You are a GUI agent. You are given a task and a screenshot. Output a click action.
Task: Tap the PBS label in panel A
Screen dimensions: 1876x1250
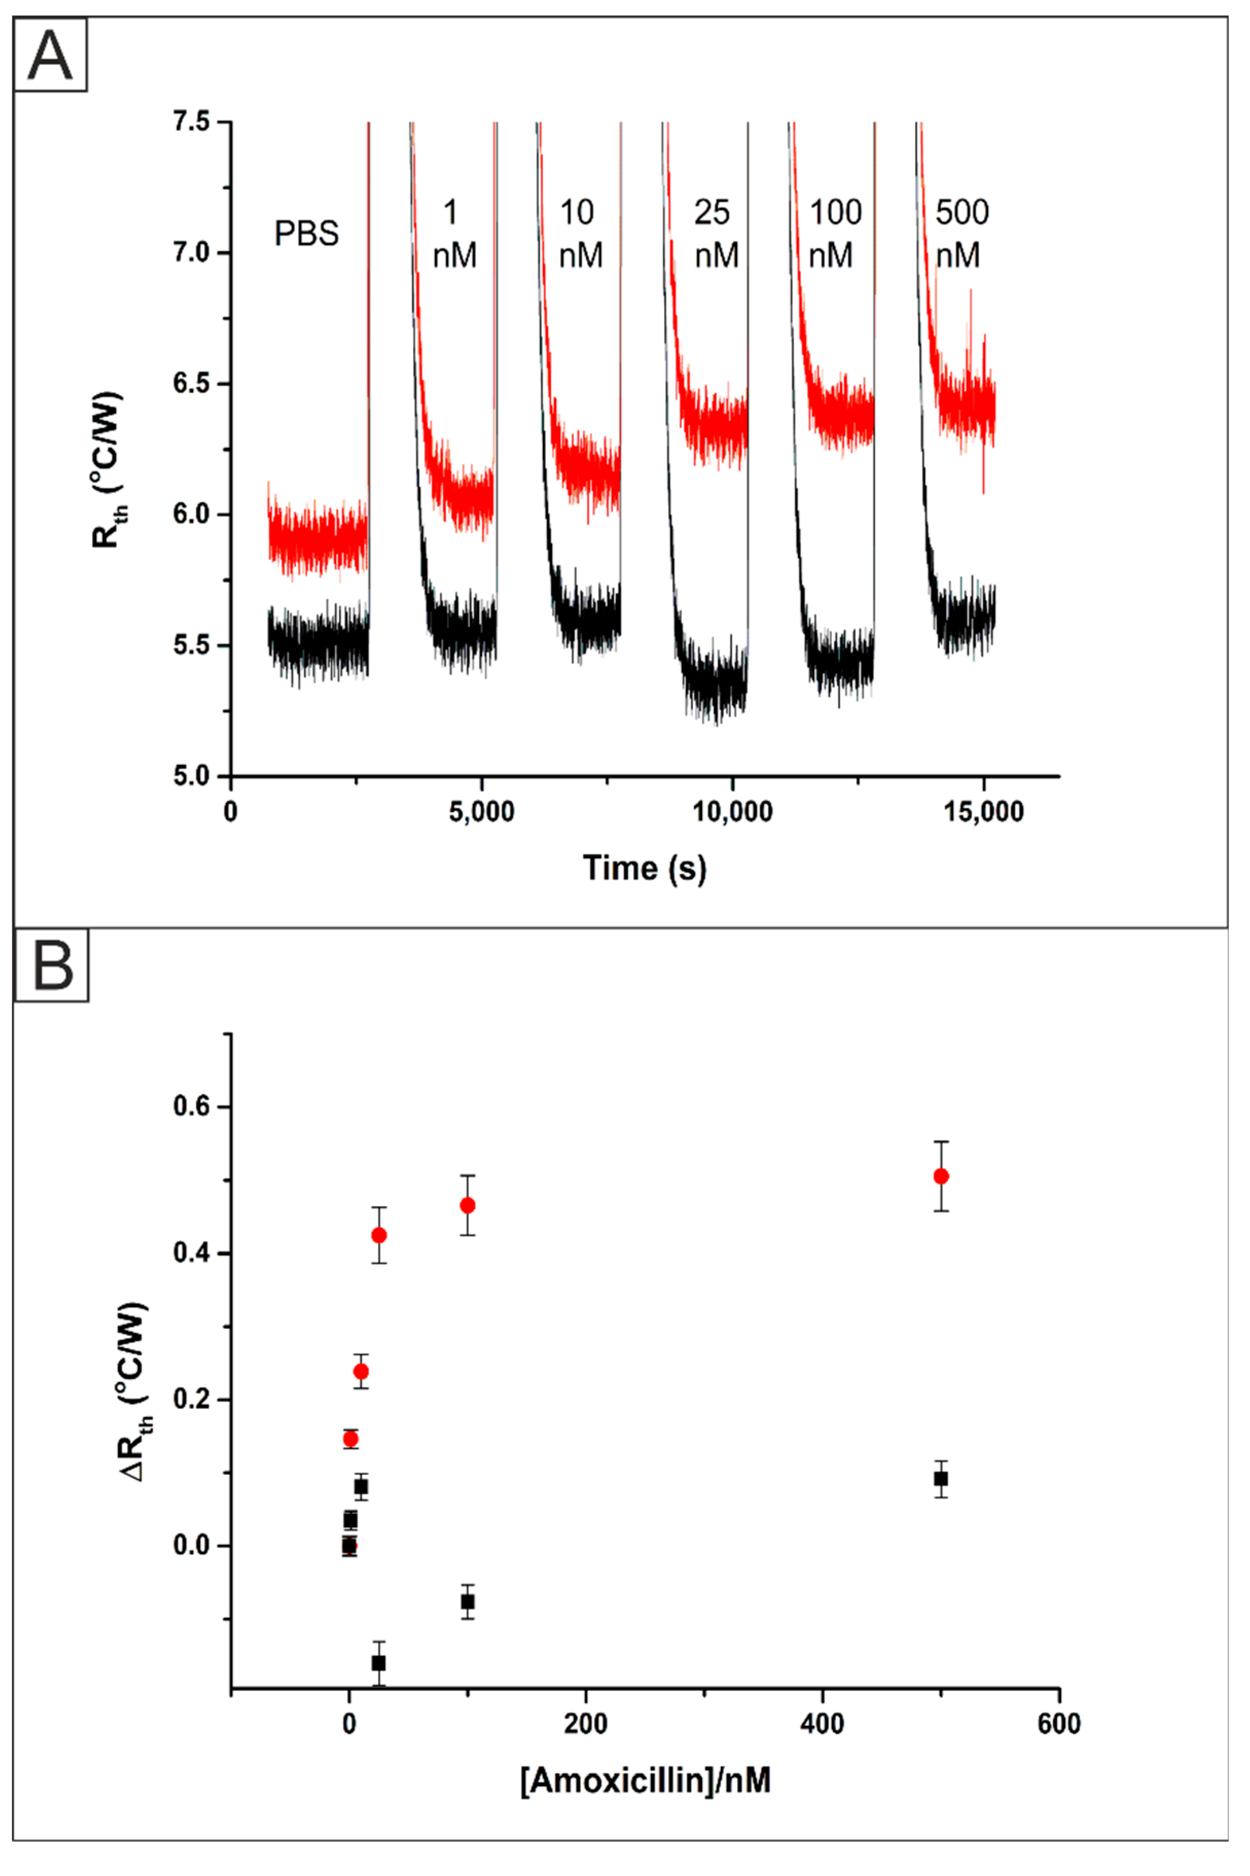306,234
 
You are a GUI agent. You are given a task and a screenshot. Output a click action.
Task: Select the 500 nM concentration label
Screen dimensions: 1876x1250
962,233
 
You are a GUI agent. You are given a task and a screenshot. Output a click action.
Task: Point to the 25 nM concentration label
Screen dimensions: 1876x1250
715,233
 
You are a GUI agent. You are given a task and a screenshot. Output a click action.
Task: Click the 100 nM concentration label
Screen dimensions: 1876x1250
835,233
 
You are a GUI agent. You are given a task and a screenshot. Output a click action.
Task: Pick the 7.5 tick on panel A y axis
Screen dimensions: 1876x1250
191,122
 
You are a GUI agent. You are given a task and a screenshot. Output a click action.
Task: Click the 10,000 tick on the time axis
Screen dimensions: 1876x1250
732,812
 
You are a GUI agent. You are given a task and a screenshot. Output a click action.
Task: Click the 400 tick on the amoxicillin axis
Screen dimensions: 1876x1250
822,1724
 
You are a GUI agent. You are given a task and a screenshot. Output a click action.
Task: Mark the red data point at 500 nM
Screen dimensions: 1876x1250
940,1176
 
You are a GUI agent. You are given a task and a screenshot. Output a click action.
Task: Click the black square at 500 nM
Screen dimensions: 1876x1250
940,1478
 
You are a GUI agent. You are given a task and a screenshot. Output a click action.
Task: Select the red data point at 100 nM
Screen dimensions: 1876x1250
468,1205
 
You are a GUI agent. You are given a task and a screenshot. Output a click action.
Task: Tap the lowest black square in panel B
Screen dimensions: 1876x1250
378,1663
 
